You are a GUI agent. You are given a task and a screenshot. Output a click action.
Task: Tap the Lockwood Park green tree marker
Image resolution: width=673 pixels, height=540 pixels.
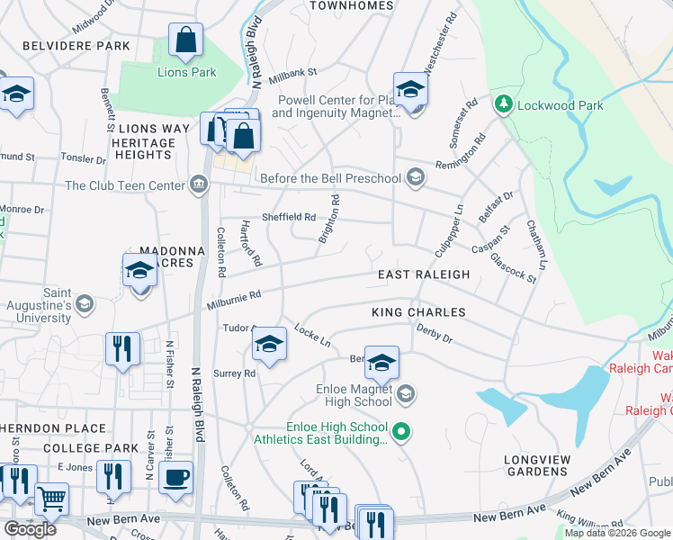click(503, 105)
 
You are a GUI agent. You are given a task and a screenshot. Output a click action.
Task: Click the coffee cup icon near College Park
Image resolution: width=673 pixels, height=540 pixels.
click(175, 476)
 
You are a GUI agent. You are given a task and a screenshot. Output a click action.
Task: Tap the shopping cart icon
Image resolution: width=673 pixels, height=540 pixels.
click(52, 498)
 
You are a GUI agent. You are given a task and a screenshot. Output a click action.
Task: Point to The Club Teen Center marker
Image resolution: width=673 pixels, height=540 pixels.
click(199, 186)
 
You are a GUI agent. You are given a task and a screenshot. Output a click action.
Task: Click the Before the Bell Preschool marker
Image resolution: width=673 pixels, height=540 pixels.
click(414, 177)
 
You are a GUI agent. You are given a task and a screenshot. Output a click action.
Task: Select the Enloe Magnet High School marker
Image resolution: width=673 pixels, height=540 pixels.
click(406, 392)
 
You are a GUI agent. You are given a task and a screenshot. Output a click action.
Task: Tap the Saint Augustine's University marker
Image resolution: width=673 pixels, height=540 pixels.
click(84, 303)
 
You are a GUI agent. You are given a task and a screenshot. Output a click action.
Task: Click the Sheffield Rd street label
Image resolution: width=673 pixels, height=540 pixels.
click(288, 217)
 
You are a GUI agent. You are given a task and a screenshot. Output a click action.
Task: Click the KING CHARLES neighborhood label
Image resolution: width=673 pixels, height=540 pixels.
click(418, 312)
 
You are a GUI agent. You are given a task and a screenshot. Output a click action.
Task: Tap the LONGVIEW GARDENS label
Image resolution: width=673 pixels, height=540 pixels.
click(537, 465)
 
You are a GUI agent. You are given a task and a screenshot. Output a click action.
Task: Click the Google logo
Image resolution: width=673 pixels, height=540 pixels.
click(30, 528)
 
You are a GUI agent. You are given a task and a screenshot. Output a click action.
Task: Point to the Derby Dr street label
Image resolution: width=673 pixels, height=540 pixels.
click(434, 334)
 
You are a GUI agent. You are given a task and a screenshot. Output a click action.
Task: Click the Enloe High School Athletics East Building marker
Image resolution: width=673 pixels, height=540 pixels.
click(403, 434)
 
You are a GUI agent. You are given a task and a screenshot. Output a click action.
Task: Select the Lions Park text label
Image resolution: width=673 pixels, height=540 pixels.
click(186, 72)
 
